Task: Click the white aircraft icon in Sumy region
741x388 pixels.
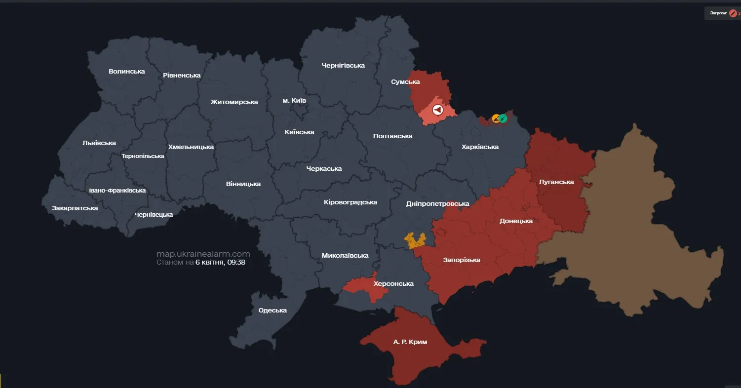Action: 437,110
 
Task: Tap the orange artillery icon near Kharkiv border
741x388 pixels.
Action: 496,118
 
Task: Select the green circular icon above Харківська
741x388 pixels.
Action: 503,118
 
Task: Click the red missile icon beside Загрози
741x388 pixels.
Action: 733,13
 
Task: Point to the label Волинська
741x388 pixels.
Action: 127,71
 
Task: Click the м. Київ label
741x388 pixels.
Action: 294,100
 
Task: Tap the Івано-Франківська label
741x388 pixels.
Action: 117,190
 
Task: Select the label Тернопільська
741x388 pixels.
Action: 143,156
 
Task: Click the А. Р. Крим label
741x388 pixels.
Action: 410,342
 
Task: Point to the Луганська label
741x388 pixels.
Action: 556,182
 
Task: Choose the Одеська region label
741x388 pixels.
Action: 273,310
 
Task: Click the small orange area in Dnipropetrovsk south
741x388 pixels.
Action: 415,240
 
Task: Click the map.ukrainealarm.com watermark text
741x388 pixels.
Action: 203,254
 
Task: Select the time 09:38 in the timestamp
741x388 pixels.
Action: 236,262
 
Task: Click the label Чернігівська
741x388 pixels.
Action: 343,65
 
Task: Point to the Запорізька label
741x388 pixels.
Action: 462,260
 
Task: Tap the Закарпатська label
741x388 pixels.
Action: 75,208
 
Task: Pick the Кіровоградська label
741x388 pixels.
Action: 351,202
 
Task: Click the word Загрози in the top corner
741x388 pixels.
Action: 718,13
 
